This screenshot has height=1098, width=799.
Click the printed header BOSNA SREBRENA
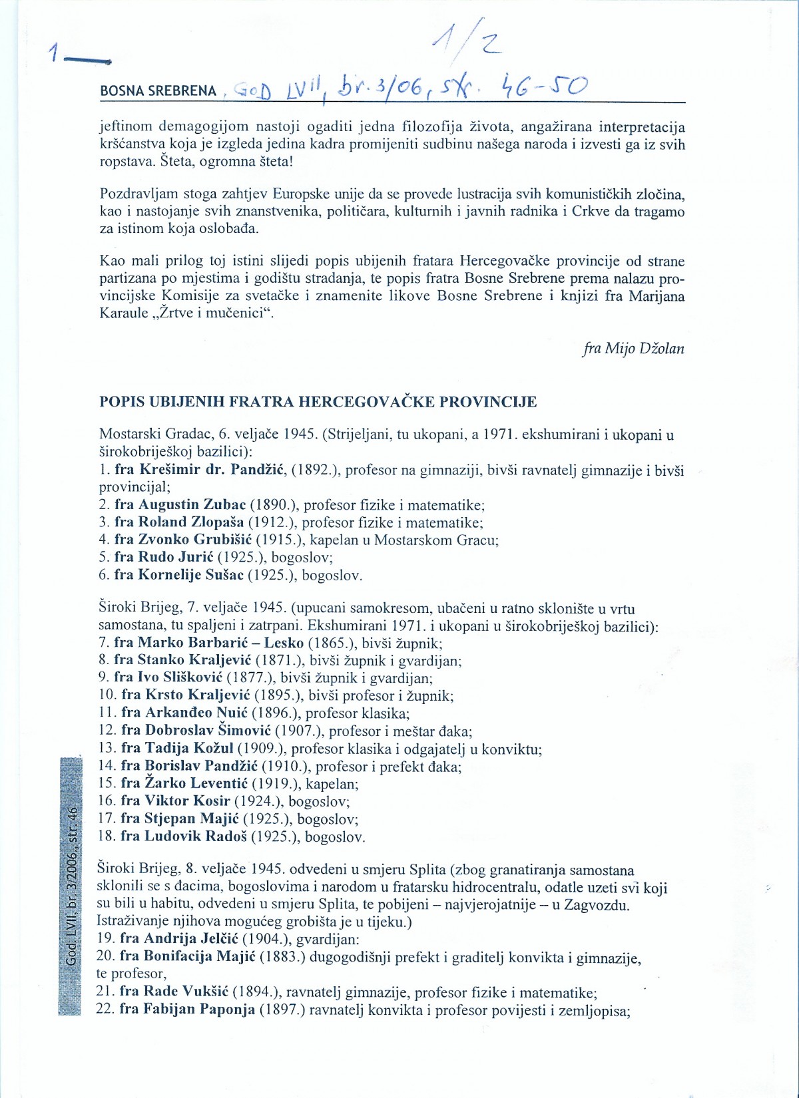158,91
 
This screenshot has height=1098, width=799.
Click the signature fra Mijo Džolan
633,348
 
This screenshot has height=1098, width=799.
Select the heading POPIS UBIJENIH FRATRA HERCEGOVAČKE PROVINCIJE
318,402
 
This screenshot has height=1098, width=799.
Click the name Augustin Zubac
192,504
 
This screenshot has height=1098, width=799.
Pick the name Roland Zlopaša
191,522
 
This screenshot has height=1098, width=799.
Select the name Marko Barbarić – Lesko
221,642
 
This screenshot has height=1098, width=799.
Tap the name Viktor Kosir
187,801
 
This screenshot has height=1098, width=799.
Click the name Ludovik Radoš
195,836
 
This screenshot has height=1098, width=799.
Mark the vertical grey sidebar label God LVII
71,885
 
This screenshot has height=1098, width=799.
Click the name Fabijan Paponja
199,1009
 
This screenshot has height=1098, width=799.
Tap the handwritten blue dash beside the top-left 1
87,59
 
